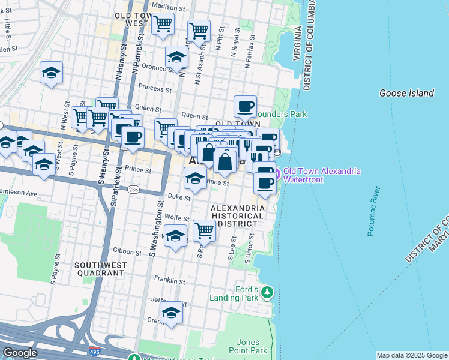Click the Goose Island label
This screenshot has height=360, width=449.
pos(406,93)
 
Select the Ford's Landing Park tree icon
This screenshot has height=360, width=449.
pos(268,292)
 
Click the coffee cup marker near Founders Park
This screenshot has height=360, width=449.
pos(245,107)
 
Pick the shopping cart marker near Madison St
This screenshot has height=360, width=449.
pos(163,24)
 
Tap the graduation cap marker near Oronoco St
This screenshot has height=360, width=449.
pos(176,57)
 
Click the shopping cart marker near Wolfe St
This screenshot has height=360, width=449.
pos(205,230)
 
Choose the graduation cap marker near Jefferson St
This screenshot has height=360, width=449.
pos(172,313)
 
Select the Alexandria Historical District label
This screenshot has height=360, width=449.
pos(237,216)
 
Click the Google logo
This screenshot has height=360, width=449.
pos(20,353)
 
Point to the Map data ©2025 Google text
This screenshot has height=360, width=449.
pos(412,355)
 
